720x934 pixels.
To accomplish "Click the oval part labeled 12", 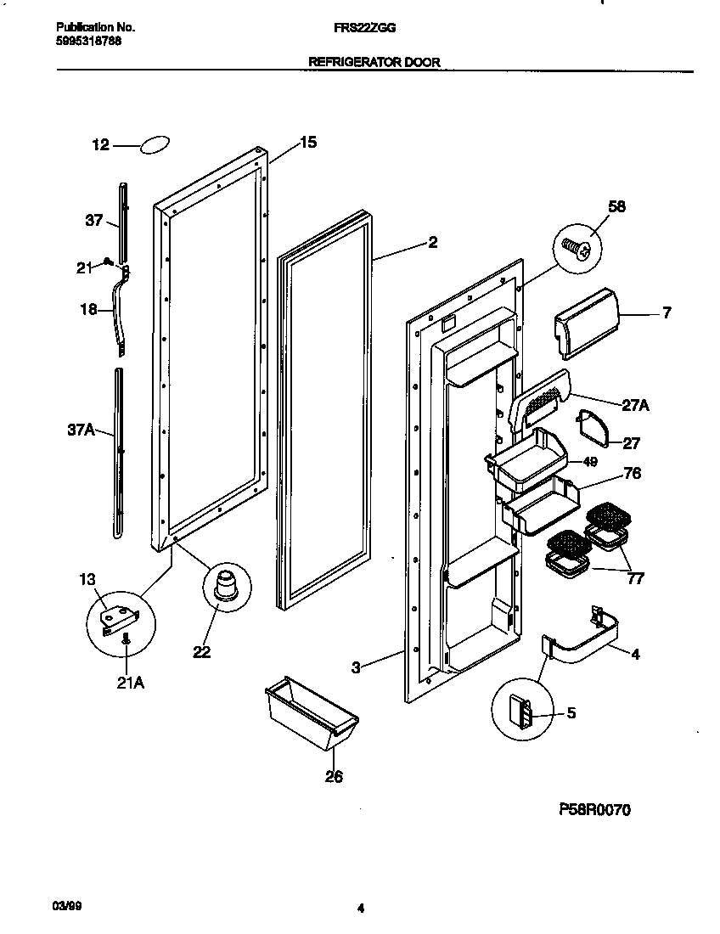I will coord(155,144).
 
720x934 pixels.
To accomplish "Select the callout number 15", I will coord(307,143).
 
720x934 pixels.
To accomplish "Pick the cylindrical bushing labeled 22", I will coord(225,588).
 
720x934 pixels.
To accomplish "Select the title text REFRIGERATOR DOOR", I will coord(374,62).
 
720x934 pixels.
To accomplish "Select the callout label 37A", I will coord(82,430).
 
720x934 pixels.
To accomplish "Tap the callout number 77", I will coord(634,579).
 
